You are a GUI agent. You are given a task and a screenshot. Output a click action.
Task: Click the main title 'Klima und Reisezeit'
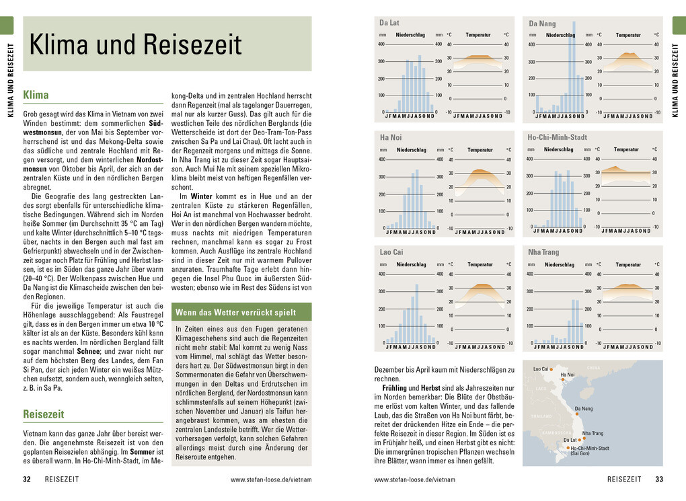click(135, 44)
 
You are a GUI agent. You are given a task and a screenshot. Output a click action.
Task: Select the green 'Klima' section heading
click(36, 95)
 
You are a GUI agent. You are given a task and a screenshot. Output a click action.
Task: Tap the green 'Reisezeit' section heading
click(43, 414)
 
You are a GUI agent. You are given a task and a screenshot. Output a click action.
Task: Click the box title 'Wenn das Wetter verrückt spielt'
click(235, 313)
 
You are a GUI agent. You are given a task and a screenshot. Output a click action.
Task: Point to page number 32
click(27, 479)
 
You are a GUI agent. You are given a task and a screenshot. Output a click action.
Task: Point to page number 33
click(659, 479)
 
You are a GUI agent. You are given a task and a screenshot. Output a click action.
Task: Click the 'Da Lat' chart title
click(389, 23)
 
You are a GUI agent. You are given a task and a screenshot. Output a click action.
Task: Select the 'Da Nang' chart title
click(542, 24)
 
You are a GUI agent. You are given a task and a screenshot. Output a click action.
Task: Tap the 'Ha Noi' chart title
click(391, 138)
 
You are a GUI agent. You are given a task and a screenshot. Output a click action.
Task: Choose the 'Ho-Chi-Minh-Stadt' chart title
click(557, 137)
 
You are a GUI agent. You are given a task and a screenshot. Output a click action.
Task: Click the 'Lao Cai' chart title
click(391, 252)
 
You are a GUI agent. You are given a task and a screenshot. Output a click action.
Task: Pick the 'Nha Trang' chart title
click(543, 252)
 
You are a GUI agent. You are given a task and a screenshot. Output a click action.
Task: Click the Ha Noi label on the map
click(567, 375)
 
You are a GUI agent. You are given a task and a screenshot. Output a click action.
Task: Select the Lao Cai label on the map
click(541, 369)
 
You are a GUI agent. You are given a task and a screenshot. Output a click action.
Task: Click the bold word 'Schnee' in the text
click(87, 350)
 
